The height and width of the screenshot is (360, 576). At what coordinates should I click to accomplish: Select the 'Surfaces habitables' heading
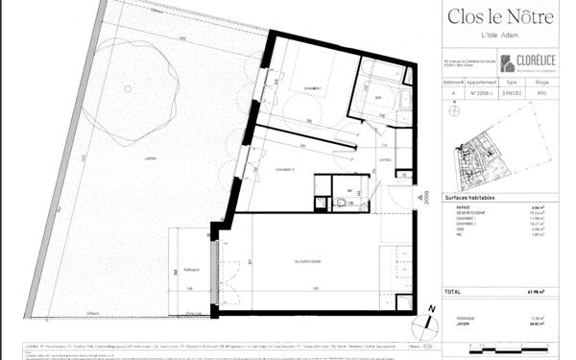pyautogui.click(x=470, y=197)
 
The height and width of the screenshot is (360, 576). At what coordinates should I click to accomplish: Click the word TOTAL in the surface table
pyautogui.click(x=453, y=289)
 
